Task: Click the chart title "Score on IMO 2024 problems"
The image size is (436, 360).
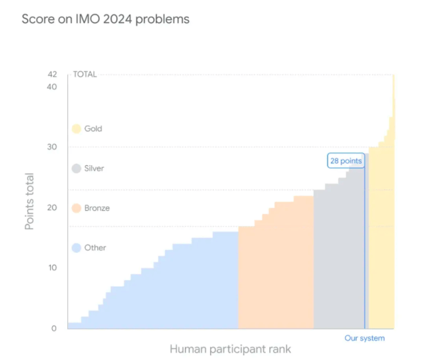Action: click(105, 19)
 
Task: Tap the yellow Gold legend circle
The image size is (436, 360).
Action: click(77, 129)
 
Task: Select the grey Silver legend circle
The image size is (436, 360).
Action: click(77, 168)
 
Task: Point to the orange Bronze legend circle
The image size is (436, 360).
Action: click(77, 208)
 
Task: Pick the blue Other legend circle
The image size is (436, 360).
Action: click(77, 248)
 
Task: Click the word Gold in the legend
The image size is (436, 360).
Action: click(93, 129)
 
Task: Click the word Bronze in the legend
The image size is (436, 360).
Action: click(97, 208)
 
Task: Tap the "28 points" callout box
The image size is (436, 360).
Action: click(346, 161)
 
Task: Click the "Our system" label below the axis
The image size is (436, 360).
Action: click(365, 338)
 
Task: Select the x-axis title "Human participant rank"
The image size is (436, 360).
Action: click(230, 349)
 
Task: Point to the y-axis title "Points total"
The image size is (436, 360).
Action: click(30, 201)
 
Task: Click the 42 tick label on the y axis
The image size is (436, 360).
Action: click(52, 74)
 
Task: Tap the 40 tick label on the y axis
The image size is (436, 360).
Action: click(52, 87)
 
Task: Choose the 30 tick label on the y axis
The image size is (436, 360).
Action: click(52, 147)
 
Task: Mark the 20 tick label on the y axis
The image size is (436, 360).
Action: click(52, 207)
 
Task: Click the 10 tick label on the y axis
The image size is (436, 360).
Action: click(52, 268)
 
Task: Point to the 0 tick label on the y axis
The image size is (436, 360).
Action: click(54, 328)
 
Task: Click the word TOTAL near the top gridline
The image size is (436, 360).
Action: click(85, 74)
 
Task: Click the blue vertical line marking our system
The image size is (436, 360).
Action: click(365, 251)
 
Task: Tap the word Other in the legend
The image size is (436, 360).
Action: click(95, 248)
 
